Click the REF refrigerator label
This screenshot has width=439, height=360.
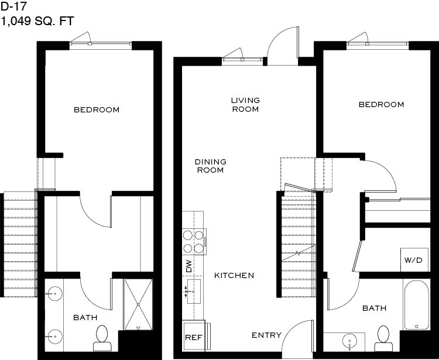click(194, 337)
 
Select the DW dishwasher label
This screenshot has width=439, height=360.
click(189, 266)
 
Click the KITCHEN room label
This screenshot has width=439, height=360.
click(234, 276)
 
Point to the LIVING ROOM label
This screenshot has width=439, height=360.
click(245, 105)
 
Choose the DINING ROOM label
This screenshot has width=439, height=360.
click(211, 166)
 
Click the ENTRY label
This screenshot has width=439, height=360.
click(266, 335)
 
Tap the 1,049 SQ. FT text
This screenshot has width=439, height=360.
click(37, 21)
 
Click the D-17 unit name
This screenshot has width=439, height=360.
click(13, 6)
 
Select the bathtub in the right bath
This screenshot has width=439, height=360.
click(416, 305)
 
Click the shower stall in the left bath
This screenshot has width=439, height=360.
click(138, 304)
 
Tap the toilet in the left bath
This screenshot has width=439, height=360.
click(102, 338)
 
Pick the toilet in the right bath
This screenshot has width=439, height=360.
click(383, 339)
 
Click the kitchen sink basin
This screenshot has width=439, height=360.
click(194, 292)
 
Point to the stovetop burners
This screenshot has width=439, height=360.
click(194, 242)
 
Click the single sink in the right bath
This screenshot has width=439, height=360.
click(349, 341)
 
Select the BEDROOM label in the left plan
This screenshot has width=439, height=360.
click(97, 109)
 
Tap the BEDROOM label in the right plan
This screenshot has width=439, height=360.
click(381, 105)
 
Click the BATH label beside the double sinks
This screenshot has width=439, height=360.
click(85, 317)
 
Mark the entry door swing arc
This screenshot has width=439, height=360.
click(293, 327)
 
